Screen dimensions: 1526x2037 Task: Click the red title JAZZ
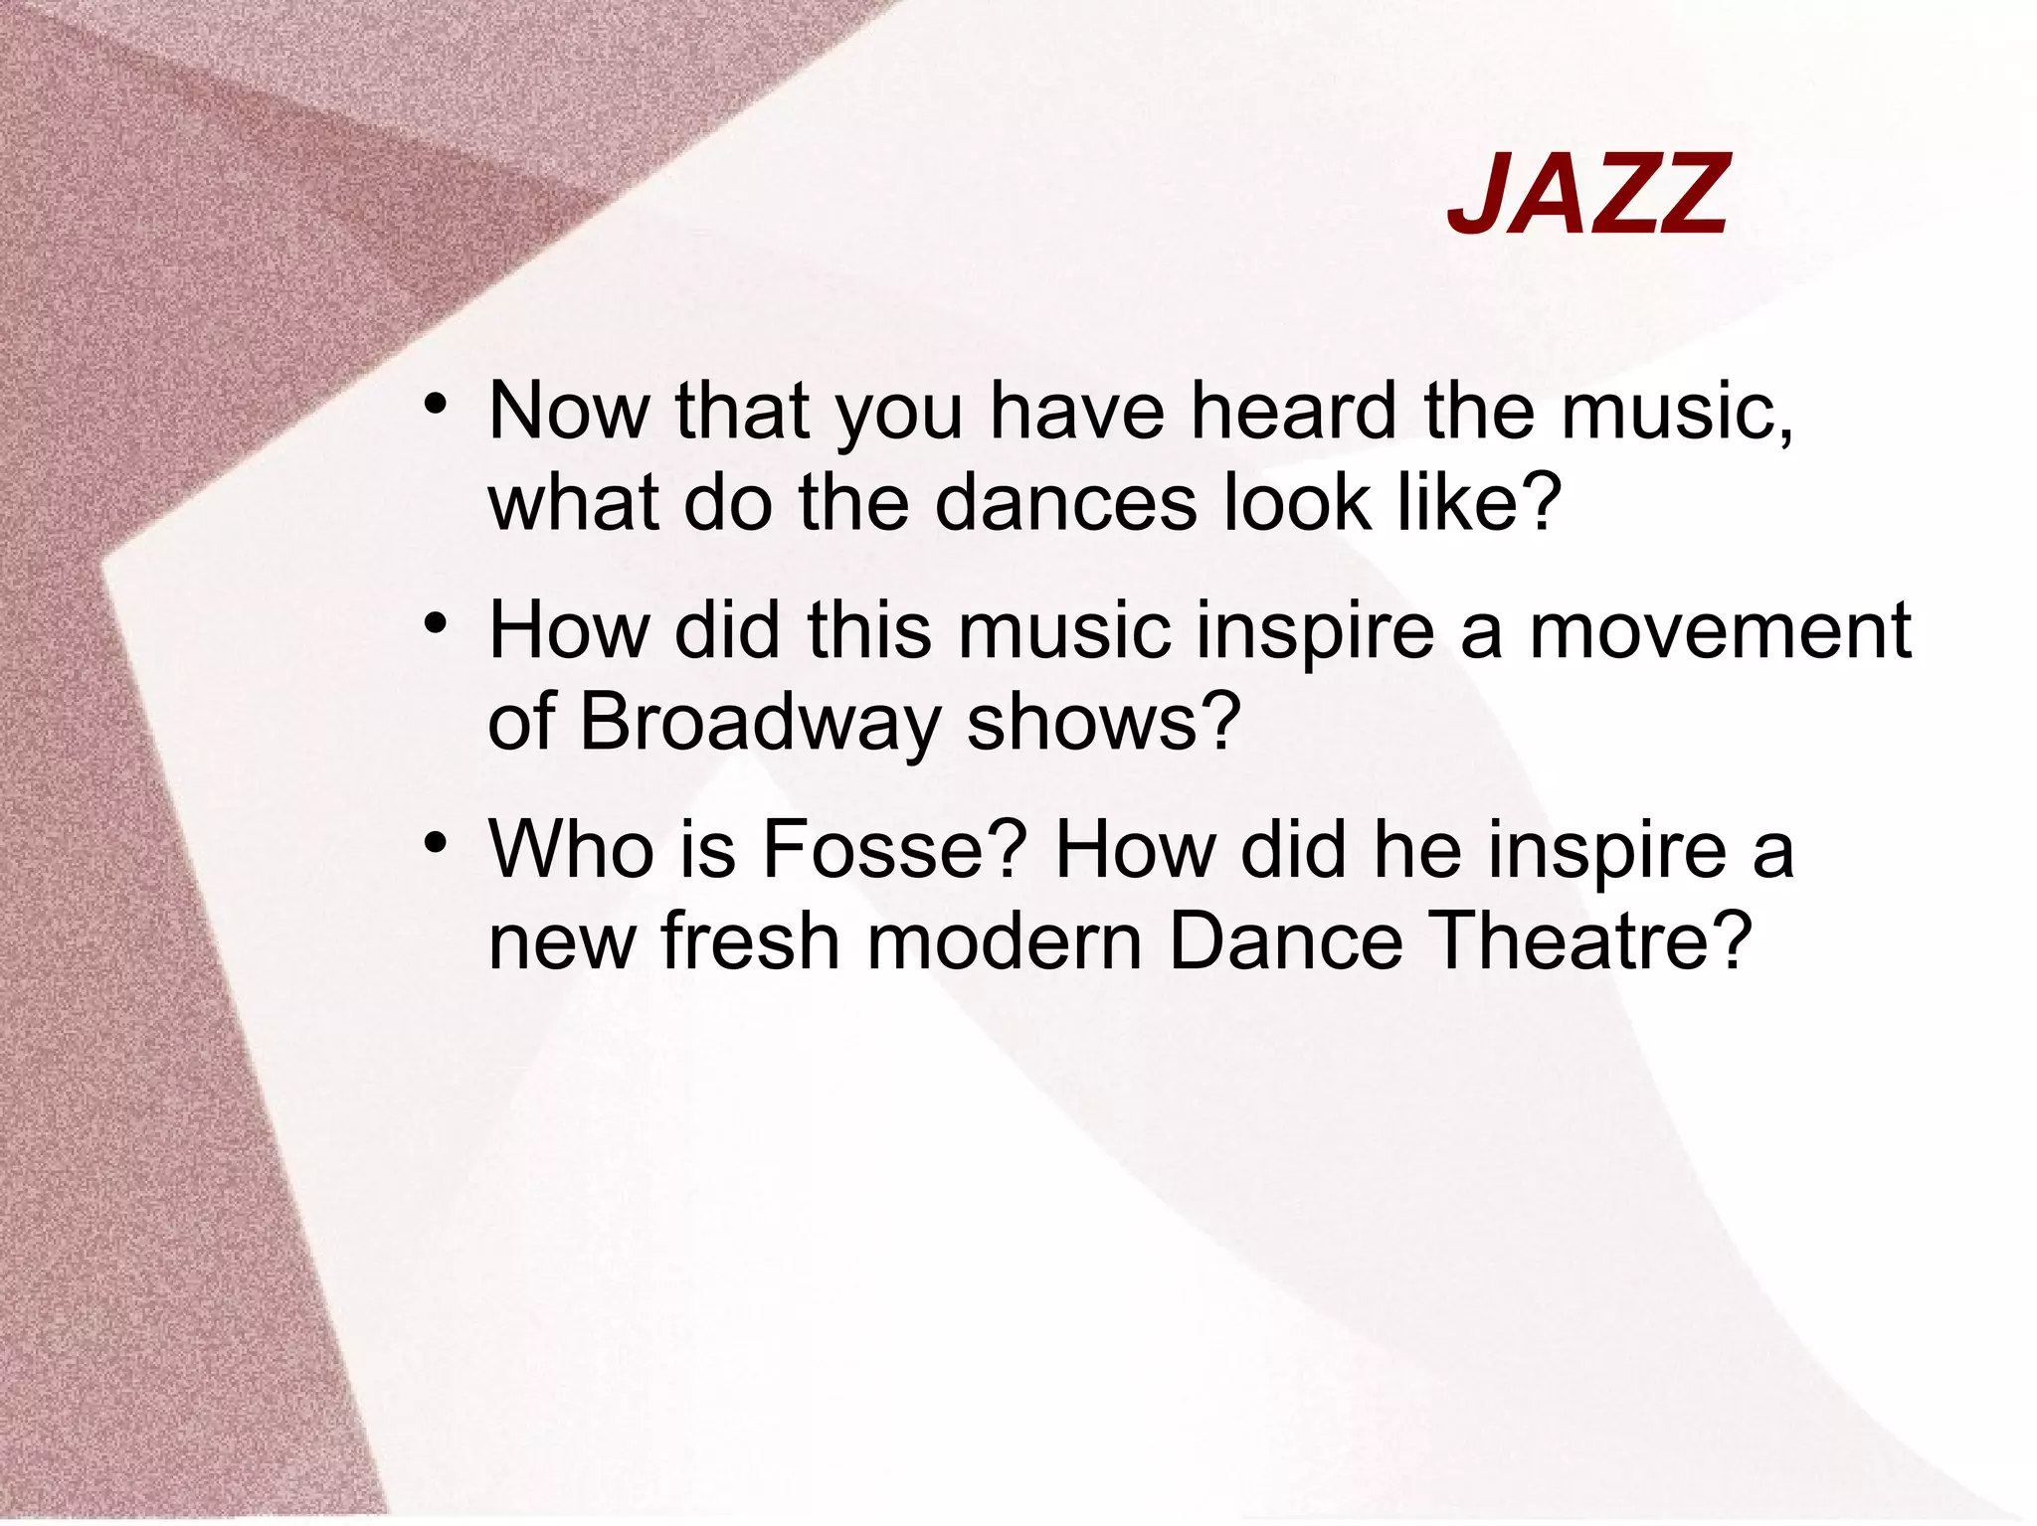(x=1588, y=195)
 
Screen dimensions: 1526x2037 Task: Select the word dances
(x=1065, y=502)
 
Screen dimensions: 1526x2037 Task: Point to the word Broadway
(x=759, y=721)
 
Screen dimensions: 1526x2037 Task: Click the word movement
(x=1720, y=630)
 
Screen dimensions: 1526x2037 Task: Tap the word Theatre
(x=1588, y=940)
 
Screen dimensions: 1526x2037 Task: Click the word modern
(x=1005, y=940)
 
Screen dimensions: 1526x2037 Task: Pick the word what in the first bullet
(x=573, y=502)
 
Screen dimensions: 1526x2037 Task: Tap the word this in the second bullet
(x=868, y=630)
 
